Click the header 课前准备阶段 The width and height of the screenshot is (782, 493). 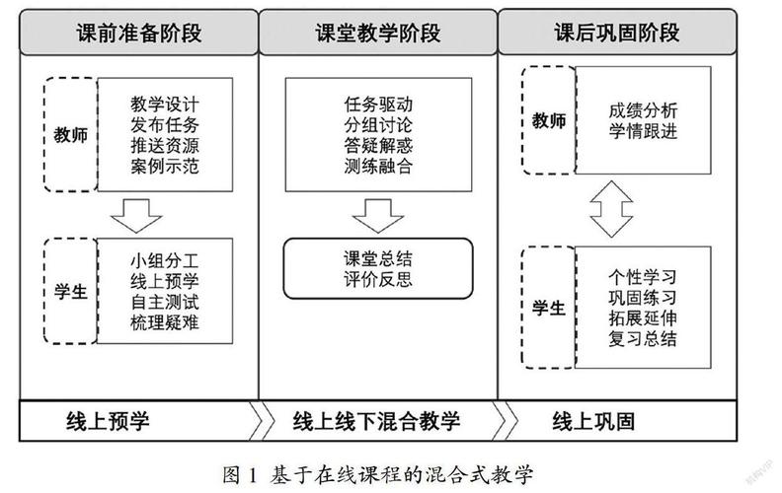(138, 34)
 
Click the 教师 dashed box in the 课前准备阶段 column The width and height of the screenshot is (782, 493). (71, 135)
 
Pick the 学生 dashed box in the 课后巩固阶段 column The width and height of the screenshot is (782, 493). (548, 309)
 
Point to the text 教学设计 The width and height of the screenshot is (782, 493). (165, 104)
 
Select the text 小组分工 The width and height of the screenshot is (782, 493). (165, 261)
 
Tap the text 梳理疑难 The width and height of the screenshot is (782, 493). (165, 322)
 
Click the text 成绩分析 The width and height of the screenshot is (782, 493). (643, 111)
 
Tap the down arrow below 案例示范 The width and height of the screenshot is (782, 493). (138, 211)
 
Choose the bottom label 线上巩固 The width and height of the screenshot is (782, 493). (591, 422)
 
